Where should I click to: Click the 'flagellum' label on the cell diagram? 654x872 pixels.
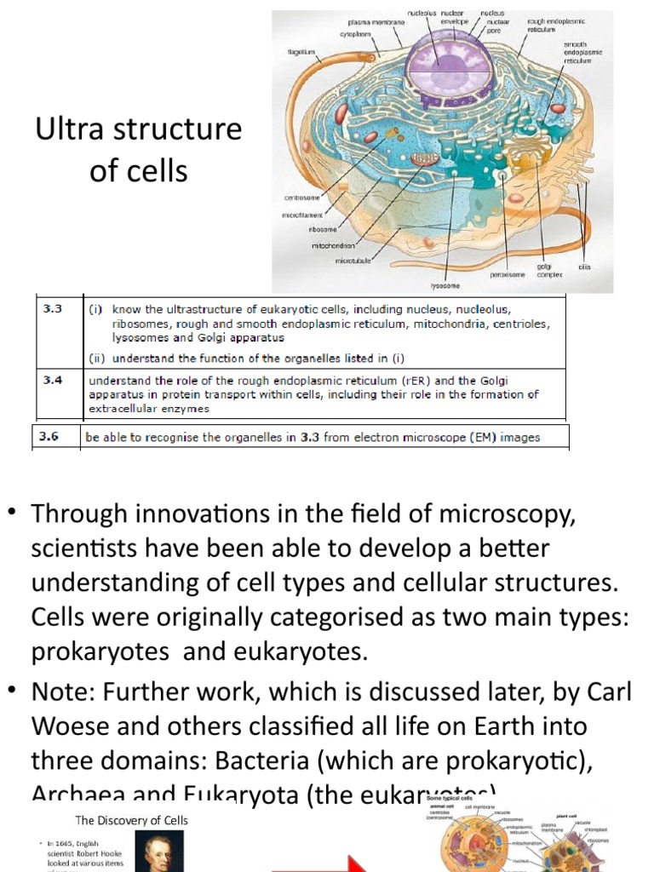[301, 52]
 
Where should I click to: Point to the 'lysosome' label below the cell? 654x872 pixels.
[444, 286]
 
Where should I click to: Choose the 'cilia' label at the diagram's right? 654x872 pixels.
[584, 267]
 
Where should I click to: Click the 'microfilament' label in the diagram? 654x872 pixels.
[303, 215]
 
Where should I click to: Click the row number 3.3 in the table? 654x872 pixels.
[53, 310]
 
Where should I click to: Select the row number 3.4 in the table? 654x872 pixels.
[53, 380]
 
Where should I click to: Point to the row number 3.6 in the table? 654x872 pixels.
[53, 437]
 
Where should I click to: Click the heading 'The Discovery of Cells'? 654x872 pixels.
[132, 821]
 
